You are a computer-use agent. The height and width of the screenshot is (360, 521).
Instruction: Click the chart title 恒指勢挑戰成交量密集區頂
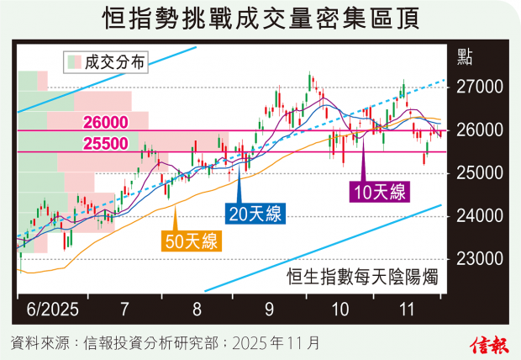260,18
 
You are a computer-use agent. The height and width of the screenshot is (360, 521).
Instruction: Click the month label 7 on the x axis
124,309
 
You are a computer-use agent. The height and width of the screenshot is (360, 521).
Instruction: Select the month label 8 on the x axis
197,309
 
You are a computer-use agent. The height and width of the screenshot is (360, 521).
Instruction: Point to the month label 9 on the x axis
269,309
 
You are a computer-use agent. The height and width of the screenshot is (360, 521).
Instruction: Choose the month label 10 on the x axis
339,309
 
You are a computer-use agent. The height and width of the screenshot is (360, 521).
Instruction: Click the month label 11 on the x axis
408,309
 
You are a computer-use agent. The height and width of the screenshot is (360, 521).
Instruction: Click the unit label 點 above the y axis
465,57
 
